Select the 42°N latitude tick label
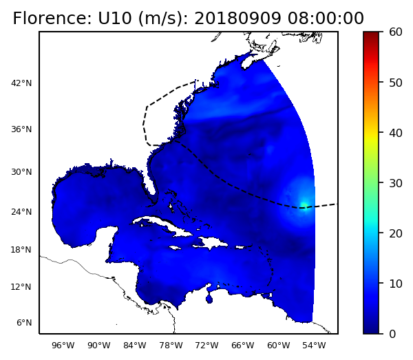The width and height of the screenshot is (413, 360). [21, 84]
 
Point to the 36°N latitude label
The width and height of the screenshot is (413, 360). [21, 129]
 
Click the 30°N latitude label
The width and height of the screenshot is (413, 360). [21, 172]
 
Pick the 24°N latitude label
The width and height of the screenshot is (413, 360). [21, 212]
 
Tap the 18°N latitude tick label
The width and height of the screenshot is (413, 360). [21, 250]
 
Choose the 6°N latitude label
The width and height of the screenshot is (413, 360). [23, 323]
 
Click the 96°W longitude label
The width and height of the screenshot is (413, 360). [63, 346]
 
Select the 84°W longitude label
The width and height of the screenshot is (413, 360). [134, 346]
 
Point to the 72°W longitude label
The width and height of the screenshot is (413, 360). [206, 346]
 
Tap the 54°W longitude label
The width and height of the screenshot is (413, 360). [314, 346]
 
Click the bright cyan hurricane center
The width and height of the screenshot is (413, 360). [304, 204]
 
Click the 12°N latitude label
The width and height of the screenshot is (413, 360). [21, 287]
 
